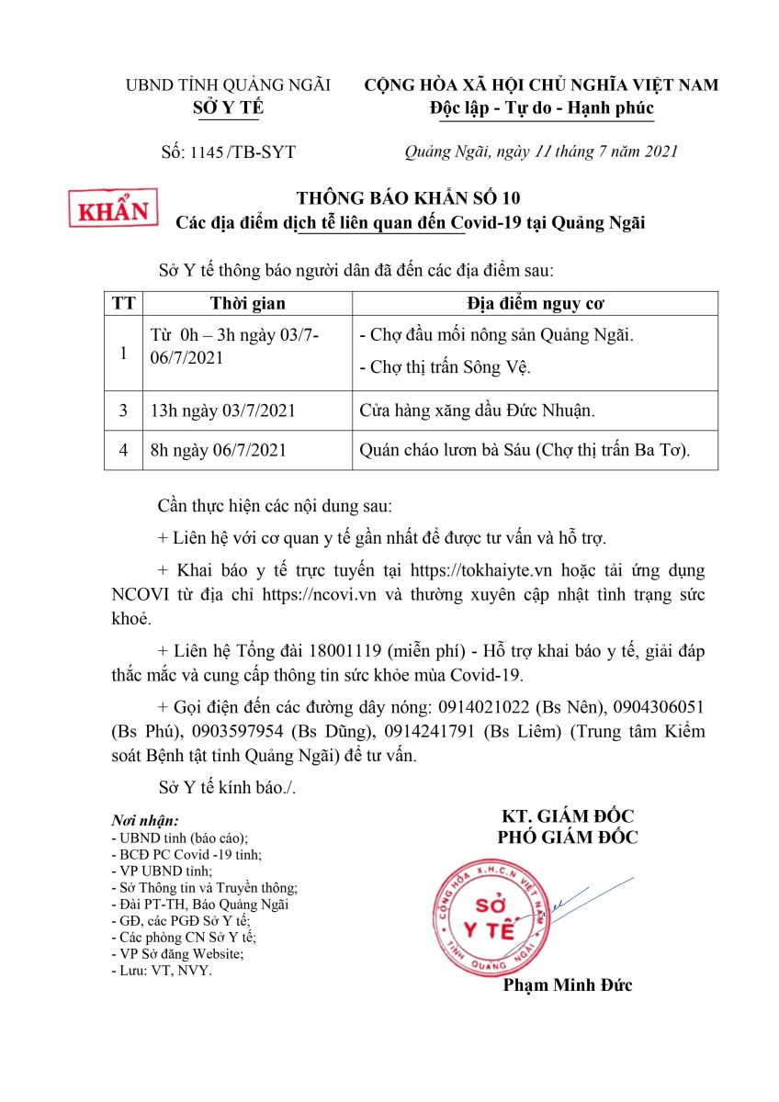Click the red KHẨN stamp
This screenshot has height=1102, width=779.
(115, 209)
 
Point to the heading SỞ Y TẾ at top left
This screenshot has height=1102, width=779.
(228, 107)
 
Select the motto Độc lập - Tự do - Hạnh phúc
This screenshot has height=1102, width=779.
(541, 107)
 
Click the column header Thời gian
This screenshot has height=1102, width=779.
(247, 304)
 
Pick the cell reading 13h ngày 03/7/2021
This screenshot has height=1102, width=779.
(222, 410)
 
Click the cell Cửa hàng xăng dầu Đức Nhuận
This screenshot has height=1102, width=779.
(478, 410)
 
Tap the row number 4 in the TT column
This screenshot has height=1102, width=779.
(123, 450)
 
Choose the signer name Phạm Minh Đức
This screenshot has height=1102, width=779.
(568, 985)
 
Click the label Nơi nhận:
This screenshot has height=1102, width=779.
(145, 820)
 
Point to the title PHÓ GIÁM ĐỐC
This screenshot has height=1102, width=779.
(568, 837)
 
